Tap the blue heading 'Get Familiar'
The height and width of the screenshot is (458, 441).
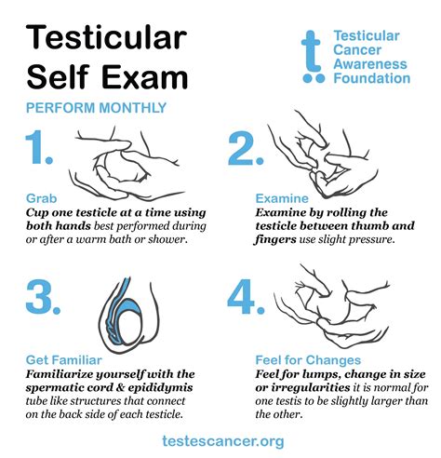point(62,359)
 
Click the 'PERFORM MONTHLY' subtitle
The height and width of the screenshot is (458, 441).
point(96,108)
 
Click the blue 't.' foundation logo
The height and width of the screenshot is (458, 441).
point(314,58)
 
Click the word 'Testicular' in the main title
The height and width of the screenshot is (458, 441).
point(113,39)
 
